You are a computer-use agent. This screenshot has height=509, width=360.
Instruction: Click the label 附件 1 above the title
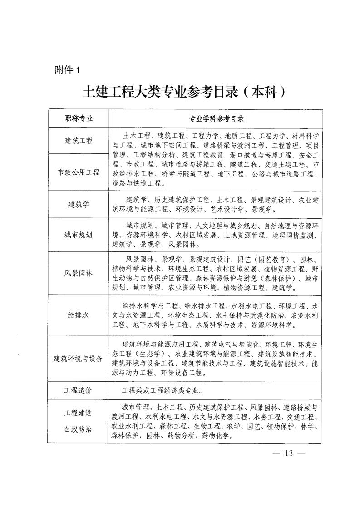[67, 70]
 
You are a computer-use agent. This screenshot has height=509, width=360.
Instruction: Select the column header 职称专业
[78, 119]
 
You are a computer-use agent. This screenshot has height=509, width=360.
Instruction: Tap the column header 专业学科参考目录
[216, 119]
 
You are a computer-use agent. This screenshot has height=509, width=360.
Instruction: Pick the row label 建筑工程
[78, 141]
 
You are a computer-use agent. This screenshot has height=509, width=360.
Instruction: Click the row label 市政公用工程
[78, 172]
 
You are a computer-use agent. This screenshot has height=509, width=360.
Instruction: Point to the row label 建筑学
[78, 204]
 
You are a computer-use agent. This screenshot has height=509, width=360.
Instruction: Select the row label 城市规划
[78, 235]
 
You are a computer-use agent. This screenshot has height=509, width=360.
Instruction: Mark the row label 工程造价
[78, 390]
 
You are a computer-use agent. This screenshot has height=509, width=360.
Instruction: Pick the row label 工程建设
[78, 413]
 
